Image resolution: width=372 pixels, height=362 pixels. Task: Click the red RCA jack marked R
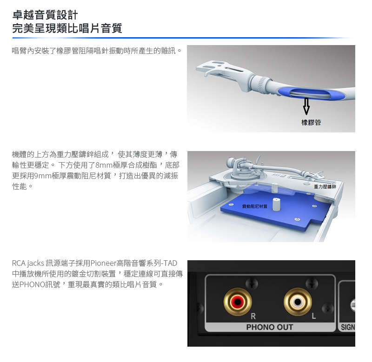point(238,302)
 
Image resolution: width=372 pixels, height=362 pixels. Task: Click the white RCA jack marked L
point(298,302)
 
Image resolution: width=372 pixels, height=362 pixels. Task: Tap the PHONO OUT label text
point(270,328)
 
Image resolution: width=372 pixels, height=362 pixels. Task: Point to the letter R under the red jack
point(253,316)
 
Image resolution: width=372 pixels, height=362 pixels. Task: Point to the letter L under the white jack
point(313,316)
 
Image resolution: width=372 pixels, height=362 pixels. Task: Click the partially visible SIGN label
point(348,328)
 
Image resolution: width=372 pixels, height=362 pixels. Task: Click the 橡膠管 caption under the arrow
point(311,122)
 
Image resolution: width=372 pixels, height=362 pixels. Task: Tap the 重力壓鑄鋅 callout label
point(325,186)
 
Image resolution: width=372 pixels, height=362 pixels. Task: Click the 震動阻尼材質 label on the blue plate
point(254,206)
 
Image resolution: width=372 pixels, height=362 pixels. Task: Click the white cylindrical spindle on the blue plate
point(276,204)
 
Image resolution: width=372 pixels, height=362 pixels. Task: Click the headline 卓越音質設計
point(45,15)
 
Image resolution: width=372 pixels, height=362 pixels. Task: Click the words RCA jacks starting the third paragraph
point(28,263)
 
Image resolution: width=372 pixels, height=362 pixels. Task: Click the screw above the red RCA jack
point(252,283)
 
